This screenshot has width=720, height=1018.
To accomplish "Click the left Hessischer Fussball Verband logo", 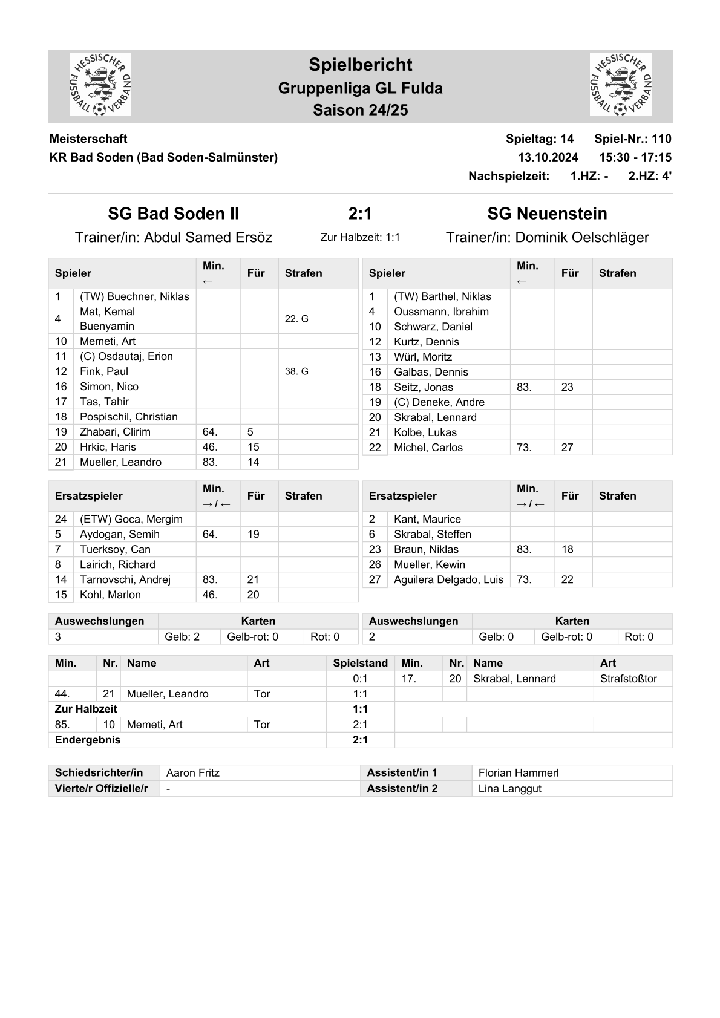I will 100,85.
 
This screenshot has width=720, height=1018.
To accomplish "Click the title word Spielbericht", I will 360,65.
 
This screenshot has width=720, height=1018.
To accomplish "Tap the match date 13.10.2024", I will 548,157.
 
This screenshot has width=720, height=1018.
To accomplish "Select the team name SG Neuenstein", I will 547,214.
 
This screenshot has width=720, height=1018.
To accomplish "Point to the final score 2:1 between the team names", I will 360,214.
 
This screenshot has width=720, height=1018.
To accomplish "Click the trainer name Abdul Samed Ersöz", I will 208,237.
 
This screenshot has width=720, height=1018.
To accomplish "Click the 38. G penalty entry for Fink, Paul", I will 296,371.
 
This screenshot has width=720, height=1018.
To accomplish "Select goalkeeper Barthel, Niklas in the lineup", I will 442,296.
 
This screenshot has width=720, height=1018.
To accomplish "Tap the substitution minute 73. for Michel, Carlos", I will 524,448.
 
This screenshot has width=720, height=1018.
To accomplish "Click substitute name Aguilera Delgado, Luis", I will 448,579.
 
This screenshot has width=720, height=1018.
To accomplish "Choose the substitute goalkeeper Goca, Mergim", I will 131,519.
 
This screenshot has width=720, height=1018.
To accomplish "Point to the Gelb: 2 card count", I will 182,636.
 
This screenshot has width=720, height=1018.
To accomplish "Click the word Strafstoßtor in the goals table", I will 628,679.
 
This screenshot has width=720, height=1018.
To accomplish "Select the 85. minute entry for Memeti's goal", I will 62,725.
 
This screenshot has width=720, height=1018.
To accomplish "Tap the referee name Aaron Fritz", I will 193,773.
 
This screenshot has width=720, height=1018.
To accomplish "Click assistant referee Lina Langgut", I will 509,789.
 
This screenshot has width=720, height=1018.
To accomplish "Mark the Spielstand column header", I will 360,663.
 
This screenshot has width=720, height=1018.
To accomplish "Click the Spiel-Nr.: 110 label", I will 632,139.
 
